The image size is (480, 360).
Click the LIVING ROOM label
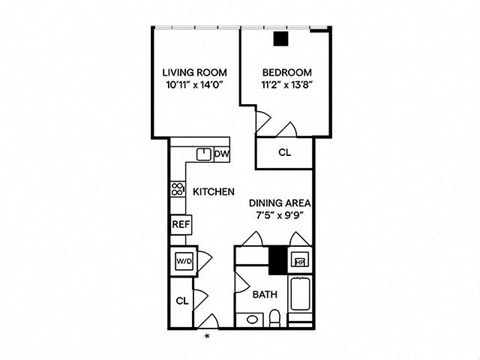(x=195, y=73)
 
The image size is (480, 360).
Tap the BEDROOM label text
(x=287, y=73)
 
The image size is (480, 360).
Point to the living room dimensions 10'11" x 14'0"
(x=194, y=85)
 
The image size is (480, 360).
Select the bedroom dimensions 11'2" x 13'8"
(x=287, y=85)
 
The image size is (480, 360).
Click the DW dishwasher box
(x=222, y=154)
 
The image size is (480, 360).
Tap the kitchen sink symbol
(x=204, y=154)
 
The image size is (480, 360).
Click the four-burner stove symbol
(x=178, y=189)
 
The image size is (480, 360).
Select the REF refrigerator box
(x=181, y=225)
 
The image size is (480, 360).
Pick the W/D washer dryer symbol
(x=184, y=262)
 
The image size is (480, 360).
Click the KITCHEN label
(x=214, y=192)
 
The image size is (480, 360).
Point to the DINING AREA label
(x=280, y=203)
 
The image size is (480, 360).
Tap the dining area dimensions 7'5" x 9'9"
(x=280, y=215)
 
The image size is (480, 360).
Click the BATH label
(x=265, y=295)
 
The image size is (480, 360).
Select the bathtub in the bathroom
(x=300, y=294)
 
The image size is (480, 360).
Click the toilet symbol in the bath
(x=275, y=318)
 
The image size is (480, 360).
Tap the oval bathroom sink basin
(x=252, y=320)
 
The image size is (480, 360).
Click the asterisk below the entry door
(x=207, y=336)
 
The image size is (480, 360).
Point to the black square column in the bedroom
(x=281, y=39)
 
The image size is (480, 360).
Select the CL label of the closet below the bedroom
(x=285, y=153)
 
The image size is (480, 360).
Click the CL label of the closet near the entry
(x=182, y=301)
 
